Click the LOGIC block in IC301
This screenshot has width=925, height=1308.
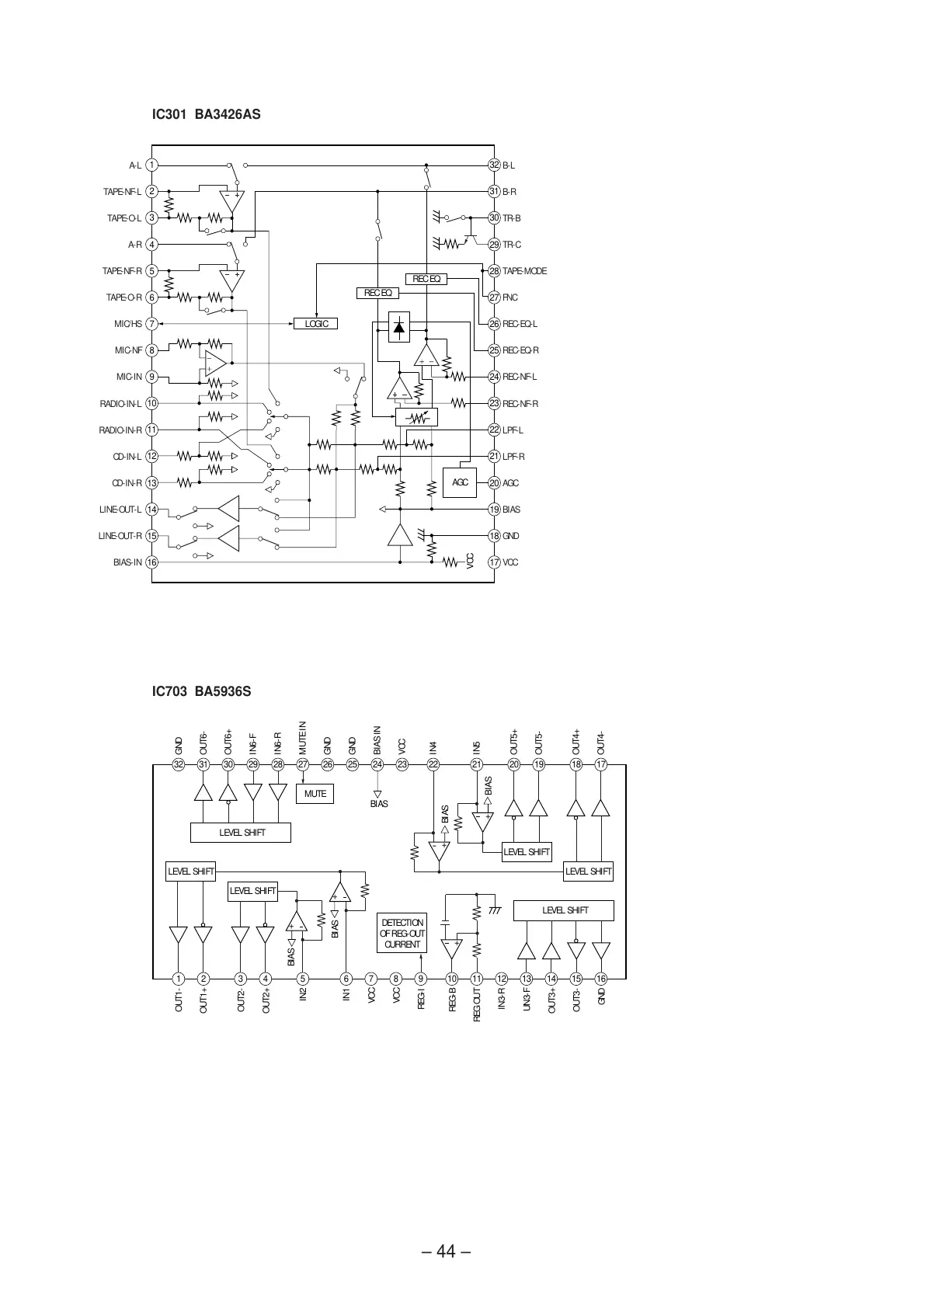click(316, 323)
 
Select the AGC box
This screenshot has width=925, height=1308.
click(460, 482)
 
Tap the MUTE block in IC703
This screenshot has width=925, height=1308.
click(315, 794)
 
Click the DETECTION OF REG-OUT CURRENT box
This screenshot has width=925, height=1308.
click(402, 934)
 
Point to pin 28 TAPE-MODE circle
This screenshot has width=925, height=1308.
click(494, 271)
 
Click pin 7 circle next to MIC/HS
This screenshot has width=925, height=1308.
click(152, 324)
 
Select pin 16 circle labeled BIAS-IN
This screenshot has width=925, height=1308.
click(152, 562)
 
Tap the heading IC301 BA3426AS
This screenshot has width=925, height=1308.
click(206, 115)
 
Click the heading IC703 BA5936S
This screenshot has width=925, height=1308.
click(201, 691)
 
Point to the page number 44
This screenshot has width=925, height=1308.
click(446, 1251)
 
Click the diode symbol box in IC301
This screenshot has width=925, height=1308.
click(399, 326)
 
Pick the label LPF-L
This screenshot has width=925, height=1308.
click(513, 430)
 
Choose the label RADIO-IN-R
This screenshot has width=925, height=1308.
click(120, 430)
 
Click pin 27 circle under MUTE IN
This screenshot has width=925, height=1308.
click(303, 764)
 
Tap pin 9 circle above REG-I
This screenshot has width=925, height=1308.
click(421, 979)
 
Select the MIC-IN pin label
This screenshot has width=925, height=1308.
click(129, 377)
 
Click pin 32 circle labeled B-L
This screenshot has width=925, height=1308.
click(494, 165)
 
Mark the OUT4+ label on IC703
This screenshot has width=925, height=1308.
click(576, 742)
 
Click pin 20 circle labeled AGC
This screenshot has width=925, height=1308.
click(494, 483)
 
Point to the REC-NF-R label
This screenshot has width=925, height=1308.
click(520, 404)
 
